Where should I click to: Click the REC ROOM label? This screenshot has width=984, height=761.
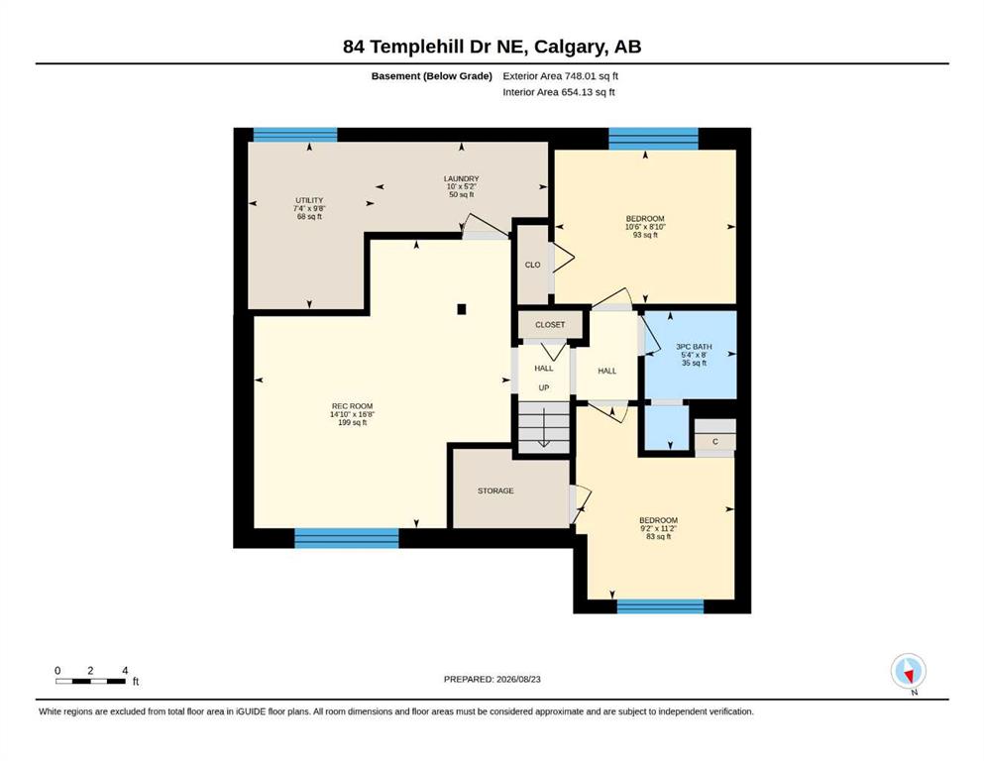(x=352, y=406)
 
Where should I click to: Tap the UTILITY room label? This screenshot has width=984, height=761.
(x=309, y=200)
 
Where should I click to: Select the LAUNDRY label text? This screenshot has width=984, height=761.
(x=461, y=178)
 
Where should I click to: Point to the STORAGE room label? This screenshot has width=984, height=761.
(x=495, y=490)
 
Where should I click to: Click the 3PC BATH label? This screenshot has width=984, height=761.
(x=694, y=346)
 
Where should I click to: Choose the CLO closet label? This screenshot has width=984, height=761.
(x=533, y=265)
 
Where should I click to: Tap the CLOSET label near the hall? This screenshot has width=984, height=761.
(x=550, y=324)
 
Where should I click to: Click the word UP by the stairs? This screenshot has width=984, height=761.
(x=544, y=387)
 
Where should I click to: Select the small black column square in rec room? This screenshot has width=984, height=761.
(x=462, y=309)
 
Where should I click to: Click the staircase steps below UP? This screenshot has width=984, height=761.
(x=543, y=427)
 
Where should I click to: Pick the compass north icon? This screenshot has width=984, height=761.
(x=908, y=672)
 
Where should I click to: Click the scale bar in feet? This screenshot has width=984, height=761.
(x=90, y=681)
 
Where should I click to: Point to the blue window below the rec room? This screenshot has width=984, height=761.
(x=347, y=538)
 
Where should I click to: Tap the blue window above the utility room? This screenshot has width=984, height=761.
(x=295, y=135)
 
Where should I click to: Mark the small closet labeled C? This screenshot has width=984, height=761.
(x=714, y=442)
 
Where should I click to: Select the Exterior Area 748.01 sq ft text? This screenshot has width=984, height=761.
(x=561, y=76)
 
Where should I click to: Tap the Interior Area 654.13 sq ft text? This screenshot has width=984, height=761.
(x=559, y=92)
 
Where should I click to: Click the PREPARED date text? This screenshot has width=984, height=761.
(x=492, y=679)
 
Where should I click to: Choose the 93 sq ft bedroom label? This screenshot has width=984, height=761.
(x=645, y=235)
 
